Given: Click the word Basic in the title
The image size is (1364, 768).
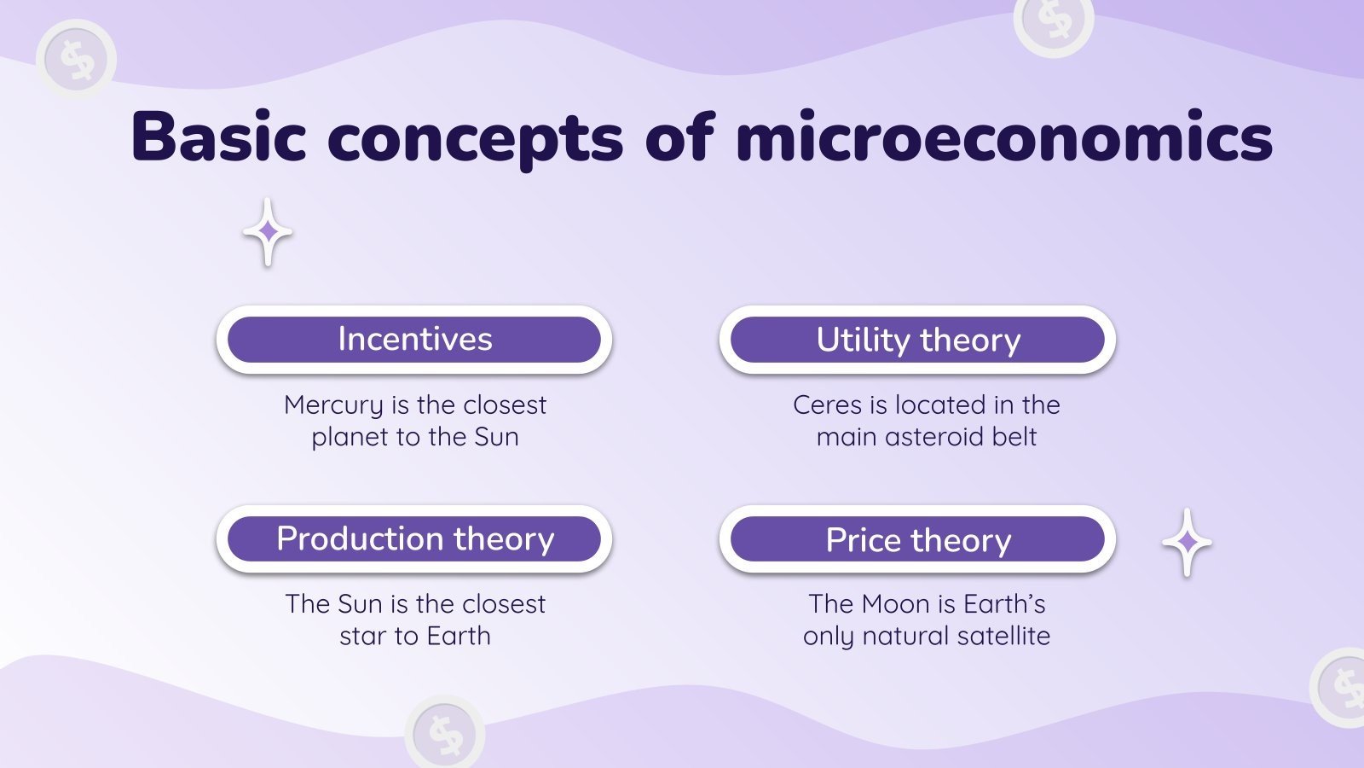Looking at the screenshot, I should click(218, 137).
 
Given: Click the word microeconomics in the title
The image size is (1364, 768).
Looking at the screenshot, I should click(1003, 137).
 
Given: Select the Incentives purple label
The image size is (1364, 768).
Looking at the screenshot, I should click(414, 340).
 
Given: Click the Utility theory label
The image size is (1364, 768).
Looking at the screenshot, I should click(917, 340).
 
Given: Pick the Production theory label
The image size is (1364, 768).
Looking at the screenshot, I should click(414, 539).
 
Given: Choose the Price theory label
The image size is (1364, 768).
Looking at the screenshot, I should click(917, 540).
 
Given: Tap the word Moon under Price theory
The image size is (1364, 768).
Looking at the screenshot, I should click(896, 604).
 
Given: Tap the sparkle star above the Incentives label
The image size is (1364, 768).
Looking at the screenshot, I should click(268, 231).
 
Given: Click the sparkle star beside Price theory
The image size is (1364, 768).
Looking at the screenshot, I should click(1187, 542).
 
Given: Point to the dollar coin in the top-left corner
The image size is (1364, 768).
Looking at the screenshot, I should click(77, 59).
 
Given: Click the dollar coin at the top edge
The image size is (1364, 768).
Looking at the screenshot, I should click(1054, 21).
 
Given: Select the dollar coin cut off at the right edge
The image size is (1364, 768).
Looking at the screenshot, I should click(1341, 688).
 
